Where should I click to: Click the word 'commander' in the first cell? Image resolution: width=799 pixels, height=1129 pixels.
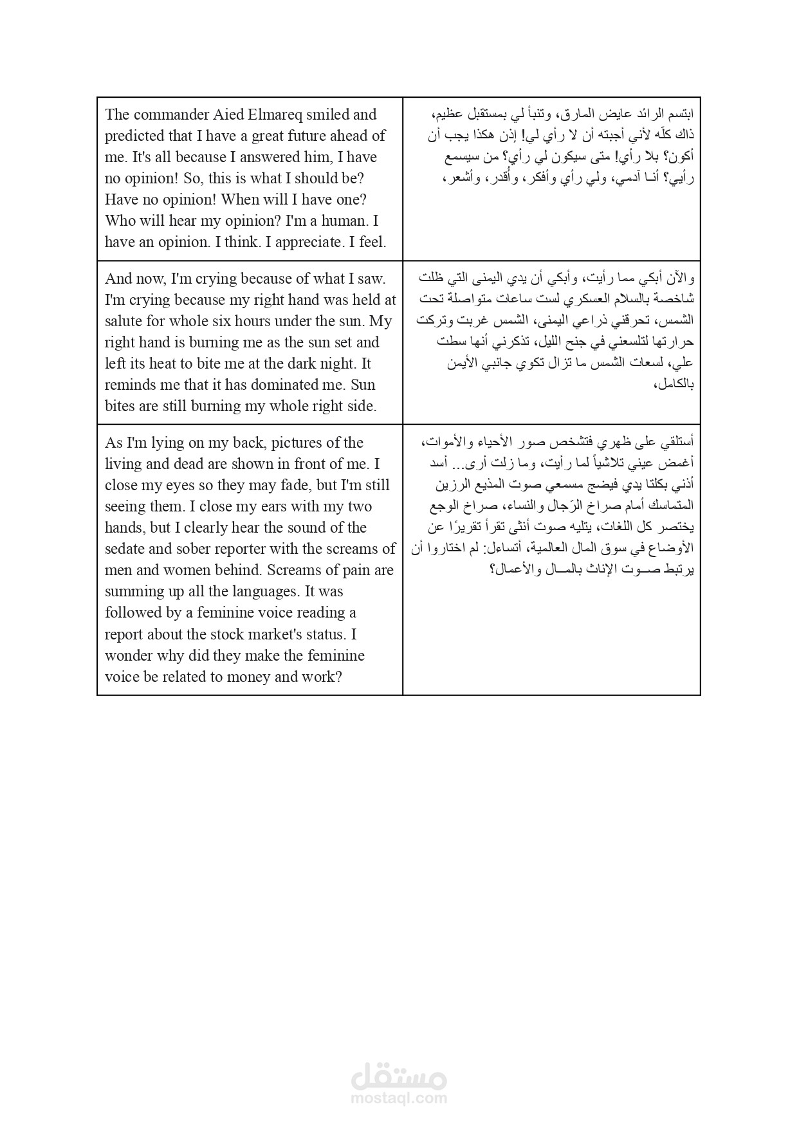tap(165, 115)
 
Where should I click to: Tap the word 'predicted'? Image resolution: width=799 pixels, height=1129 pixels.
tap(135, 136)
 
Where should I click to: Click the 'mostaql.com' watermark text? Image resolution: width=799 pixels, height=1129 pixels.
tap(399, 1099)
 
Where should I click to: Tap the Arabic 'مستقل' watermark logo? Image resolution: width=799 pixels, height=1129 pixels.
tap(399, 1076)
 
